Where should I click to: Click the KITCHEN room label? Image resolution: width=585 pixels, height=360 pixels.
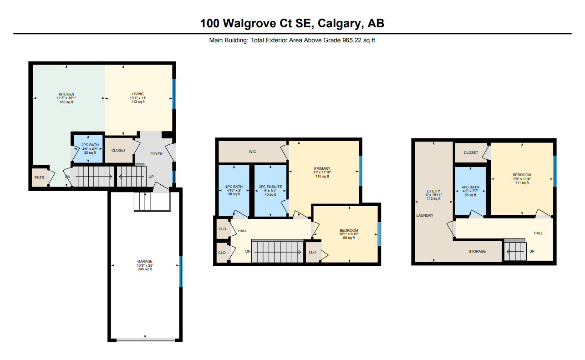[66, 94]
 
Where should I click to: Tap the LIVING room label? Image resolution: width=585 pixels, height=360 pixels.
[138, 94]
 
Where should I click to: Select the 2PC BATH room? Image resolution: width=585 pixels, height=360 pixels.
[88, 148]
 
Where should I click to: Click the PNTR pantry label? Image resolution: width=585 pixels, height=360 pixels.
[40, 177]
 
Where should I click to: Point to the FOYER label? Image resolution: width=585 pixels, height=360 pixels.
[157, 154]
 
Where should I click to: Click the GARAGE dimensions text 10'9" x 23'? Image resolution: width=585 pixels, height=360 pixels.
[145, 265]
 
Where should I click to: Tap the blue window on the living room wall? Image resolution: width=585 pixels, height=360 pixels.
[174, 94]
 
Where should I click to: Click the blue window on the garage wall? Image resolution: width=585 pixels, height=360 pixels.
[181, 272]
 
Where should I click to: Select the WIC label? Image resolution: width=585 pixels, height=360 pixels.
[252, 152]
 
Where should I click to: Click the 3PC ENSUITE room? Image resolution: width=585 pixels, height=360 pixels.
[270, 191]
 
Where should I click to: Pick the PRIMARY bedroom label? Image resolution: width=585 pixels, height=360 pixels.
[322, 168]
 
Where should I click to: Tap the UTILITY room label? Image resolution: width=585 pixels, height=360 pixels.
[433, 191]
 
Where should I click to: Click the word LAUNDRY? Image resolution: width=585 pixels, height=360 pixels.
[425, 215]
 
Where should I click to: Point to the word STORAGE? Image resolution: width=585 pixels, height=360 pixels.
[477, 251]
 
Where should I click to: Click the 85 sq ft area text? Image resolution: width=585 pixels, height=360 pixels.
[349, 238]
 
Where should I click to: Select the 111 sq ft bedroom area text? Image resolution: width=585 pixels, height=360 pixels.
[522, 183]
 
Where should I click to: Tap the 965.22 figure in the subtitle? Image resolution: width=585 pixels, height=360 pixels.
[352, 40]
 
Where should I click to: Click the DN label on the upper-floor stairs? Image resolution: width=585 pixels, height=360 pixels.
[248, 251]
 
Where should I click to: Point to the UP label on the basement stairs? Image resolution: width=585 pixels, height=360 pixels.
[532, 251]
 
